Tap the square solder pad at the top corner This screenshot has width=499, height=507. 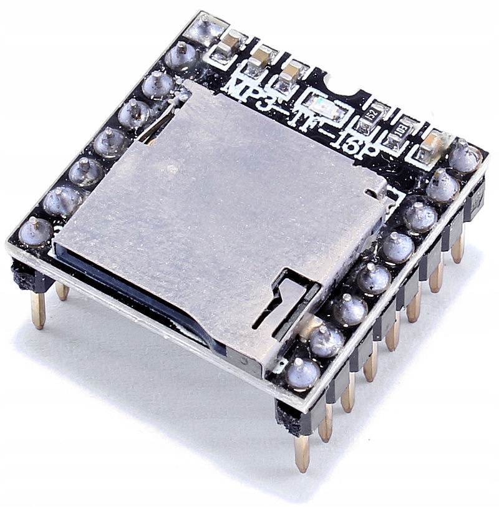pyautogui.click(x=205, y=29)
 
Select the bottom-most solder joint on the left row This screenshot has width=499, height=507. pyautogui.click(x=36, y=231)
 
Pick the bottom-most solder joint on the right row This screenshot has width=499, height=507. pyautogui.click(x=303, y=372)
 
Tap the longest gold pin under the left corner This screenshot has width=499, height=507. pyautogui.click(x=38, y=309)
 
